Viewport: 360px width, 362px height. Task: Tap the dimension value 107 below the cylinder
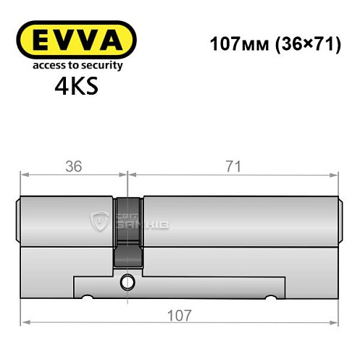[179, 316]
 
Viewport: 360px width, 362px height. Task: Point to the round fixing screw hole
[127, 281]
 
